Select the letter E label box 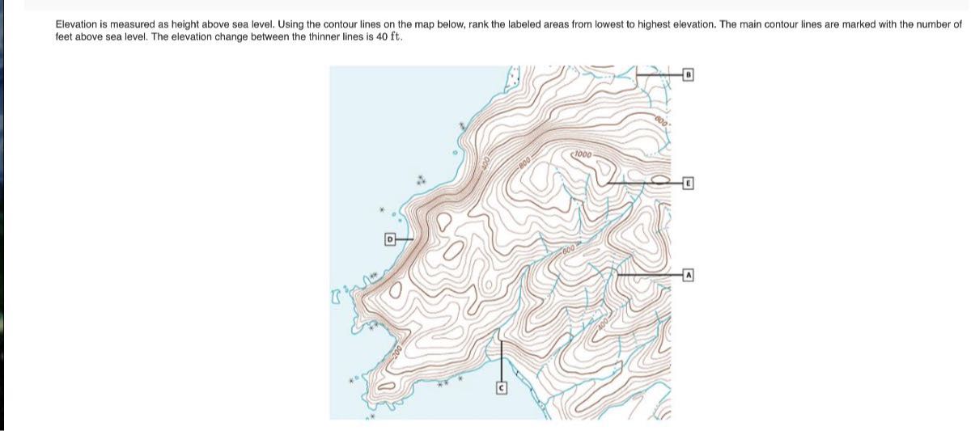pyautogui.click(x=688, y=183)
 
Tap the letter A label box pyautogui.click(x=689, y=275)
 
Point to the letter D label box pyautogui.click(x=388, y=239)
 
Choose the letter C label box pyautogui.click(x=501, y=389)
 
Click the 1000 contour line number pyautogui.click(x=583, y=154)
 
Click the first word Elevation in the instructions pyautogui.click(x=76, y=25)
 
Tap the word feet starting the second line pyautogui.click(x=63, y=37)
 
